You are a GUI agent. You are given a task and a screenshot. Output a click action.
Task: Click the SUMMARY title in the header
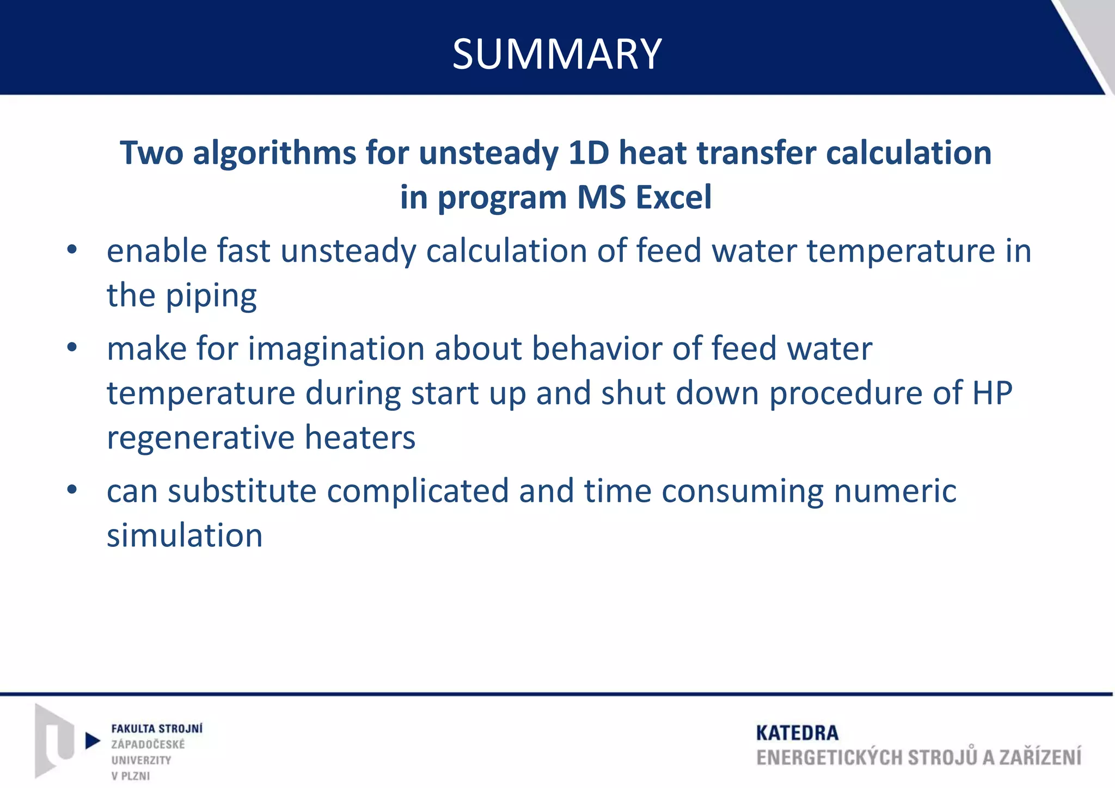tap(557, 54)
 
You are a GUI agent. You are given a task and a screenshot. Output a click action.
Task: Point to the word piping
tap(212, 296)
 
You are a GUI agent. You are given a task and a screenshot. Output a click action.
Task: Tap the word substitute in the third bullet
tap(242, 491)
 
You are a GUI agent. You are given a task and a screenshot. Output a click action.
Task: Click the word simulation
tap(185, 535)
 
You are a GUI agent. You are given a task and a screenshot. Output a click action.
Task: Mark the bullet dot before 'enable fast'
tap(72, 250)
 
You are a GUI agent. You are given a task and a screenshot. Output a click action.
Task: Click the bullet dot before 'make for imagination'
tap(72, 348)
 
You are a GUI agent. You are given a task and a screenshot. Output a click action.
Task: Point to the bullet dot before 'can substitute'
tap(72, 490)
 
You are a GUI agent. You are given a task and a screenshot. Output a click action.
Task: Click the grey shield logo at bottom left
tap(54, 740)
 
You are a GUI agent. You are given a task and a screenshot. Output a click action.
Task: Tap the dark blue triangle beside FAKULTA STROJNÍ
tap(93, 741)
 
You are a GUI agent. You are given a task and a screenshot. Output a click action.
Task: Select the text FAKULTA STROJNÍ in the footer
tap(157, 729)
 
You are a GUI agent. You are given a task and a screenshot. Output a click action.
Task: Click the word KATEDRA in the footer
tap(797, 733)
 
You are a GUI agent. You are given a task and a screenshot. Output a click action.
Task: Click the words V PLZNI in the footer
tap(131, 776)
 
